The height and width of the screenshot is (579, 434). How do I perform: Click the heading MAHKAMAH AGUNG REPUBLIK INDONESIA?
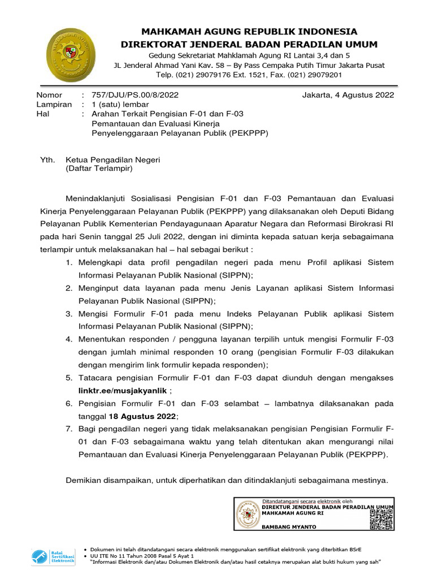click(x=249, y=31)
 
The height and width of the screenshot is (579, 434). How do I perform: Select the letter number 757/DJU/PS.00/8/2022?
click(x=135, y=95)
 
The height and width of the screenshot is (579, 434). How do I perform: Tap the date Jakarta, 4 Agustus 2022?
click(x=348, y=95)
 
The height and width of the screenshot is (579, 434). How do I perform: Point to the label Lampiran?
click(x=54, y=105)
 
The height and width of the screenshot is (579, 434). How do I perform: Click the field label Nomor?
click(x=49, y=95)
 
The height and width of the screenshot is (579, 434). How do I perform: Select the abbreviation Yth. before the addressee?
click(x=46, y=160)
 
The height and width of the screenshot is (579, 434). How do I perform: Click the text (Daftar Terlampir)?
click(x=99, y=168)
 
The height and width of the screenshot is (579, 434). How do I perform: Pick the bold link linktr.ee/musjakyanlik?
click(x=123, y=390)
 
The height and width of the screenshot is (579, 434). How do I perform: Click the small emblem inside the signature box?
click(x=246, y=514)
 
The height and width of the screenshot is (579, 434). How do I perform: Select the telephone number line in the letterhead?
click(x=249, y=74)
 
